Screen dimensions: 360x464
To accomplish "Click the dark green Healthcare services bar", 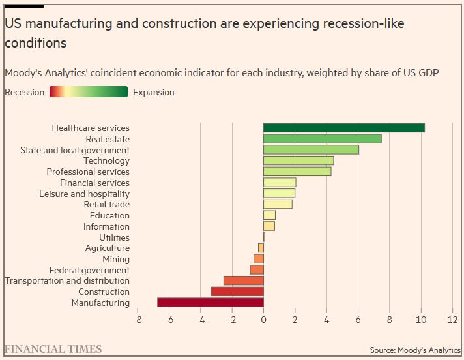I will point(343,128).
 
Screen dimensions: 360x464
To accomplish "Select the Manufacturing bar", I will point(210,303).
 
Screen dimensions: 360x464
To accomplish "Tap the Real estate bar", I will point(322,139).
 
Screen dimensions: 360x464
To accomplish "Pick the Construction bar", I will point(237,292).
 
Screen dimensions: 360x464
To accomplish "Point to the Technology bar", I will point(298,160).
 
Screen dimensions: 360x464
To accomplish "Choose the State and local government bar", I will point(311,150).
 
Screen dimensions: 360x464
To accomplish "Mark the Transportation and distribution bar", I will point(244,280).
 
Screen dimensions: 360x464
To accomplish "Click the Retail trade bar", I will point(278,204).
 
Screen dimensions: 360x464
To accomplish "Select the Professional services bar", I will point(297,172).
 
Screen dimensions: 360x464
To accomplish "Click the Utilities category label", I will point(114,237).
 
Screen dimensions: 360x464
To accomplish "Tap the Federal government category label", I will point(89,270).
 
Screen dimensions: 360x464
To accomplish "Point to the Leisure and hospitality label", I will point(84,194).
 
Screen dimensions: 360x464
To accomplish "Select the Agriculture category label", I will point(107,248).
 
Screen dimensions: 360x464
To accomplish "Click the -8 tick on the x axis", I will point(138,320).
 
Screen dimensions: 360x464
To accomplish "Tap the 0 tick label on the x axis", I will point(263,320).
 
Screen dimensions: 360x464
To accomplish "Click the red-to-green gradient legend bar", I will point(88,93).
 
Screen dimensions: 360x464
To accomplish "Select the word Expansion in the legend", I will point(153,93).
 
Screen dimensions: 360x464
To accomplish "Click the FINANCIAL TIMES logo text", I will point(53,349).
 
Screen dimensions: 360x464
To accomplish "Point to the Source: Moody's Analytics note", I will point(415,350).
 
